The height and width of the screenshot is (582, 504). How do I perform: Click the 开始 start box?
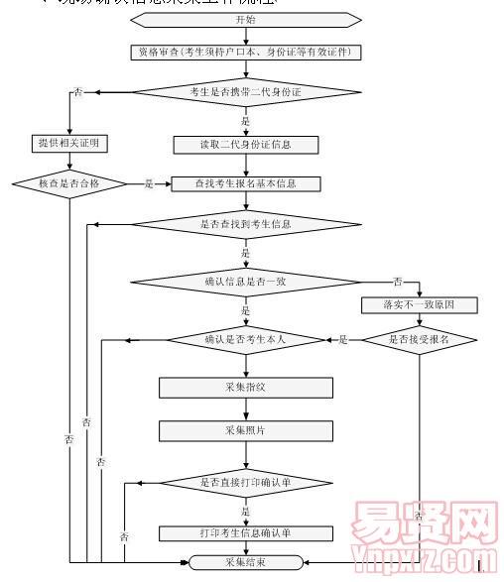pyautogui.click(x=245, y=20)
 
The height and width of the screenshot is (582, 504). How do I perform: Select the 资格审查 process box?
pyautogui.click(x=245, y=51)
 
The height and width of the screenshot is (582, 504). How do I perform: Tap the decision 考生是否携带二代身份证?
pyautogui.click(x=245, y=92)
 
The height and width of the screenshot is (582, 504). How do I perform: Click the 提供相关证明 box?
pyautogui.click(x=69, y=144)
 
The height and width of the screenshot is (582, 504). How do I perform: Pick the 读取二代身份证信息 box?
pyautogui.click(x=245, y=145)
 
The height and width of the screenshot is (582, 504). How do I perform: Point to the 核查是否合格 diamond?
pyautogui.click(x=68, y=183)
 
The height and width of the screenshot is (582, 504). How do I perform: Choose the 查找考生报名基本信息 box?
pyautogui.click(x=245, y=183)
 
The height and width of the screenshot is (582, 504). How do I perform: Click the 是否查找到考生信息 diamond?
pyautogui.click(x=245, y=225)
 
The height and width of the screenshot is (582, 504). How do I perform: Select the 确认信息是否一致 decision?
pyautogui.click(x=245, y=283)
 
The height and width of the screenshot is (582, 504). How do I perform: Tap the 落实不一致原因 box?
pyautogui.click(x=420, y=305)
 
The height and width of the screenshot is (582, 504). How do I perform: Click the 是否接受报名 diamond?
pyautogui.click(x=419, y=339)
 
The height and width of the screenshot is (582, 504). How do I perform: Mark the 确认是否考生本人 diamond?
pyautogui.click(x=245, y=339)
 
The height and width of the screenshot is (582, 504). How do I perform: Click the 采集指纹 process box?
pyautogui.click(x=245, y=387)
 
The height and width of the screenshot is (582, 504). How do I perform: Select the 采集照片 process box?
pyautogui.click(x=245, y=430)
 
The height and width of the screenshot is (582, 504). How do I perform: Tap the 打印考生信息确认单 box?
pyautogui.click(x=245, y=533)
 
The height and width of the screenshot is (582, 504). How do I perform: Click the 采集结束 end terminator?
pyautogui.click(x=245, y=562)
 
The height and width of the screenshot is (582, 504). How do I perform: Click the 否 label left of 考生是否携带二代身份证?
pyautogui.click(x=77, y=92)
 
